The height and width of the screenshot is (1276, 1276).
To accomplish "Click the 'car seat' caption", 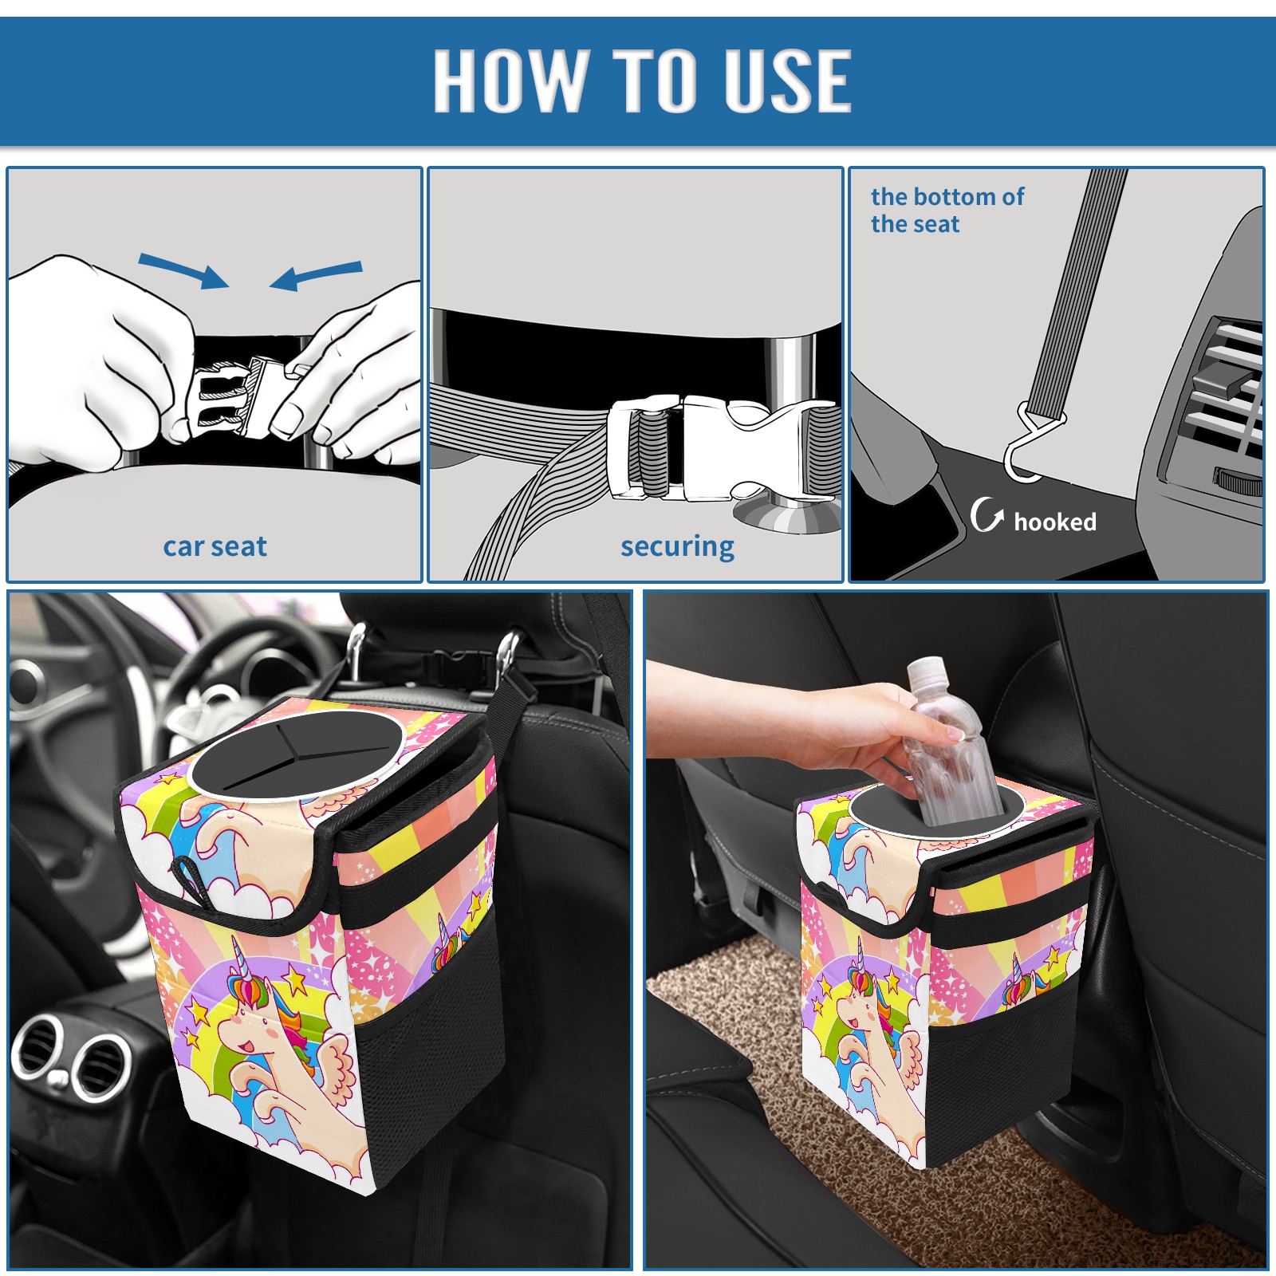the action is point(215,546).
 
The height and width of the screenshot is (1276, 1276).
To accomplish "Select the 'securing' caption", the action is point(677,547).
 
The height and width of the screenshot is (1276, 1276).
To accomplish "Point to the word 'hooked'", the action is point(1055,522).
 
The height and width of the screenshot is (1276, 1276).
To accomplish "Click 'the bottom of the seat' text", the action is point(947,210).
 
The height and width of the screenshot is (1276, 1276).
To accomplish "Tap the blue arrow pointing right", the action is point(183,270).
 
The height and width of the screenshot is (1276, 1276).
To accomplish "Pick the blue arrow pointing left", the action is point(316,275).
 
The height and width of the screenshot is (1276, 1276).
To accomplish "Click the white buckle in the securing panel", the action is point(722,448).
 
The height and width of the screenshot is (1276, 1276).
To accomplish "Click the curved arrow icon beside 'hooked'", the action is point(987,514).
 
